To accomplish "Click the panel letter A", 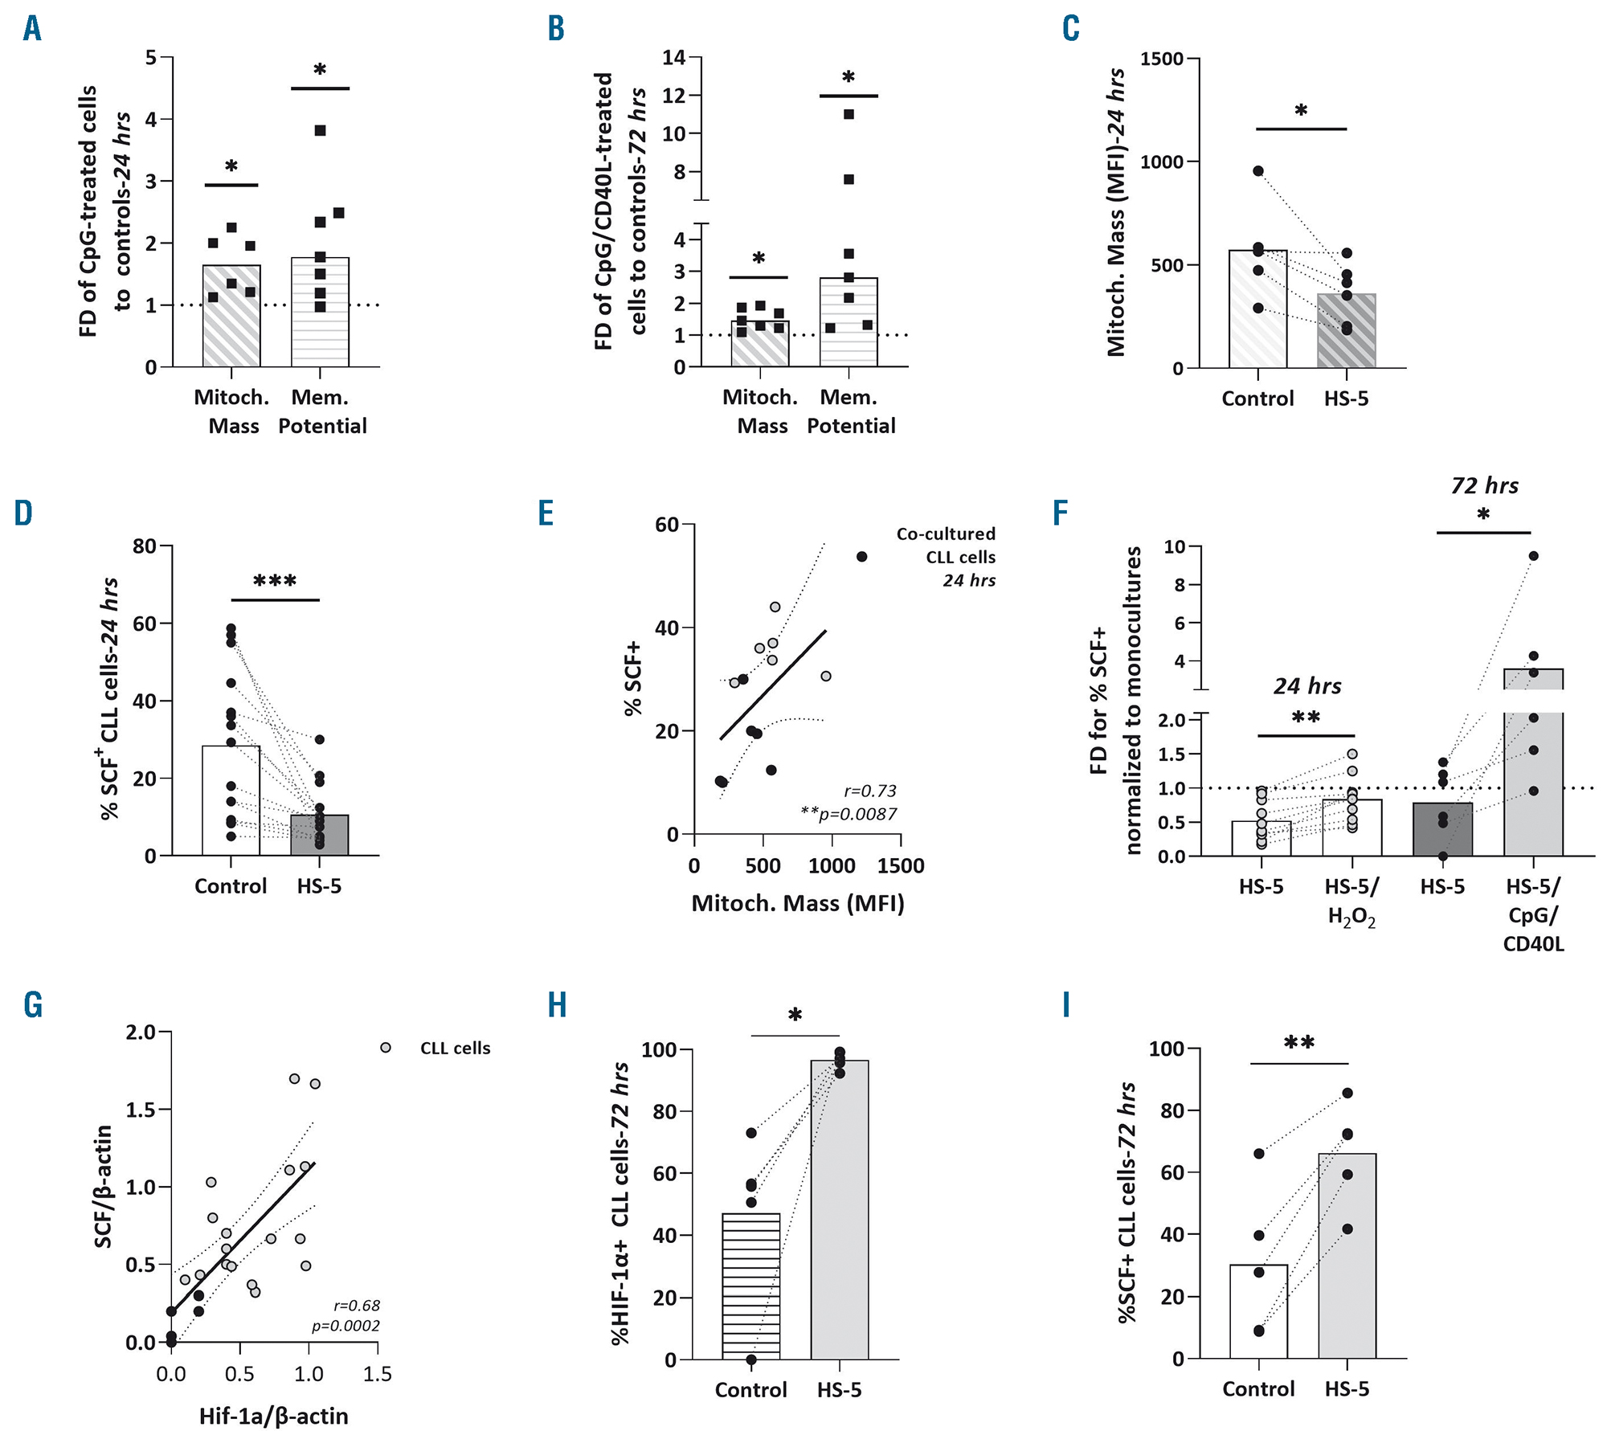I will pos(32,29).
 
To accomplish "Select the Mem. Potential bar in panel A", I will pos(320,321).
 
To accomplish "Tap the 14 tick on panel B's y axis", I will pos(673,57).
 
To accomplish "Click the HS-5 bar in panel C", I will pos(1347,333).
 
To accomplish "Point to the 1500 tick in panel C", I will pos(1161,59).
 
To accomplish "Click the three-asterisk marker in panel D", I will pos(275,581).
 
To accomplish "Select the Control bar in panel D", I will pos(231,803).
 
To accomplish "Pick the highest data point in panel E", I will pos(861,557).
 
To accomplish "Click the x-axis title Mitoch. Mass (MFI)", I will pos(798,904).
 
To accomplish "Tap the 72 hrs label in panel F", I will pos(1484,485).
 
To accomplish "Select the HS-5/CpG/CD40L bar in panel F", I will pos(1533,771).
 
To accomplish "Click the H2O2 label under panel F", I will pos(1351,917).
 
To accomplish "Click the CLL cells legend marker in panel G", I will pos(386,1048).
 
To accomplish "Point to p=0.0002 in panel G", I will pos(346,1326).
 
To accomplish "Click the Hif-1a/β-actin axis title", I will pos(273,1416).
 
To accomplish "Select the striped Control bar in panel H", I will pos(751,1286).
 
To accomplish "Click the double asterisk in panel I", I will pos(1298,1043).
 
